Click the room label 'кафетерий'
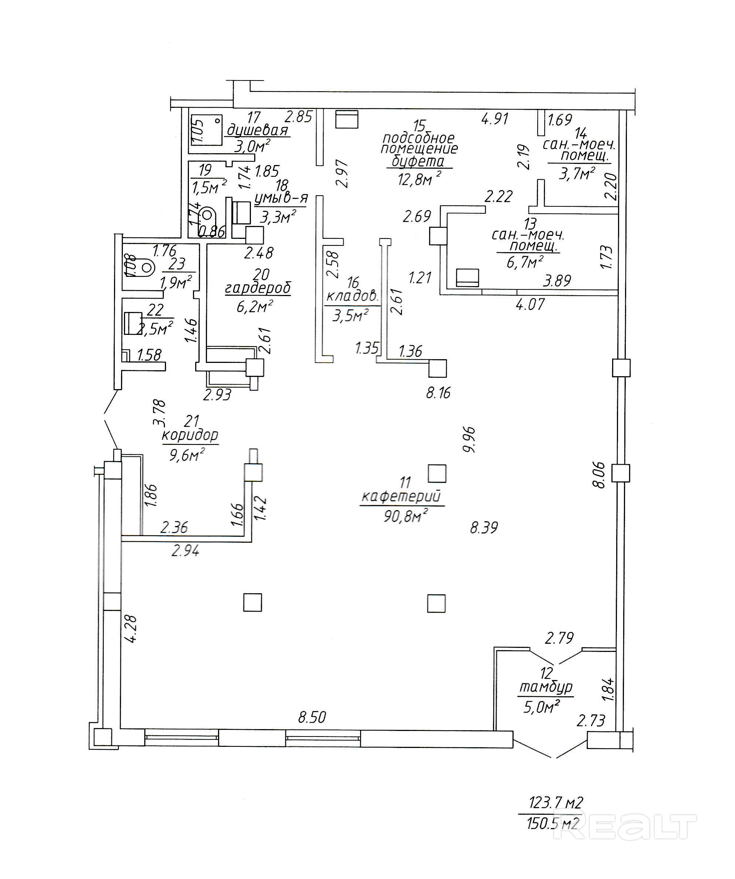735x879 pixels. pos(401,497)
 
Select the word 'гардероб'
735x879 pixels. pos(258,288)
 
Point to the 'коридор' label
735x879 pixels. pos(190,435)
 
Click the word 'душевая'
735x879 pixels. pos(257,130)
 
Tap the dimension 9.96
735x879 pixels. pos(469,439)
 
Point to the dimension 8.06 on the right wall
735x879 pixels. pos(599,475)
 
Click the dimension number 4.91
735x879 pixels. pos(495,119)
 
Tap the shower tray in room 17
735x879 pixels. pos(207,130)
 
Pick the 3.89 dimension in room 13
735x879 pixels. pos(557,281)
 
